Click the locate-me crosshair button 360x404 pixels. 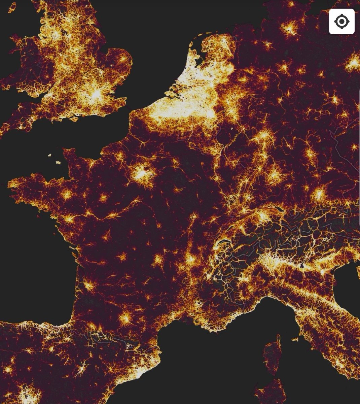pos(341,22)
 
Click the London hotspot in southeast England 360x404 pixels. pos(97,94)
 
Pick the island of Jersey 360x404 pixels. pos(59,162)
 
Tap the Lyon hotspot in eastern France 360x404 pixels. pos(190,260)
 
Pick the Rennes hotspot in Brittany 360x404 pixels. pos(67,195)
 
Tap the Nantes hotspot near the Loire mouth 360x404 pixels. pos(69,219)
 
